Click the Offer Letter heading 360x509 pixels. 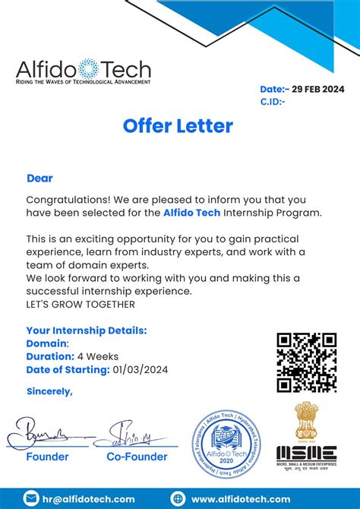tap(178, 125)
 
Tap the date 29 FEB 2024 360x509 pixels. tap(312, 89)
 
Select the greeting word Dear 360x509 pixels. tap(39, 179)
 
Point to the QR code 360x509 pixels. tap(306, 362)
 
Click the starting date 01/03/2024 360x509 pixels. tap(141, 370)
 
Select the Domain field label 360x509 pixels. tap(47, 343)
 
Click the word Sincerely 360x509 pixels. tap(49, 391)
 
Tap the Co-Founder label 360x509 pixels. tap(137, 457)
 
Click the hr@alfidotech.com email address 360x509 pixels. tap(90, 498)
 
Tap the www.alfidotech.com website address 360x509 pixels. tap(241, 498)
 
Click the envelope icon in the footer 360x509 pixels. tap(31, 498)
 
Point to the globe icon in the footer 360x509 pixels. tap(178, 498)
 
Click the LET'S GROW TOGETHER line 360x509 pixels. tap(81, 305)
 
